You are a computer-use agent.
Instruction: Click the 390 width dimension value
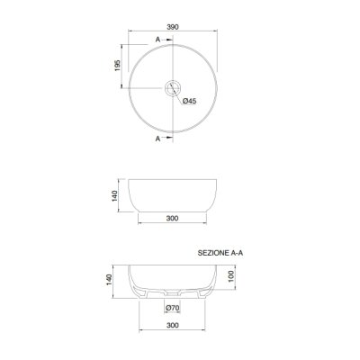pyautogui.click(x=173, y=27)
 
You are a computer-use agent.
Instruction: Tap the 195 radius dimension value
pyautogui.click(x=117, y=66)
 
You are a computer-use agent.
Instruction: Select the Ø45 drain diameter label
pyautogui.click(x=189, y=101)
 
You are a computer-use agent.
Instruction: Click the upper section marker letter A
pyautogui.click(x=157, y=40)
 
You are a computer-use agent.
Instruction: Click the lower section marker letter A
pyautogui.click(x=157, y=139)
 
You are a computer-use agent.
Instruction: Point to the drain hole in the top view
pyautogui.click(x=173, y=88)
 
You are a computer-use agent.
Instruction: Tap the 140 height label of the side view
pyautogui.click(x=115, y=195)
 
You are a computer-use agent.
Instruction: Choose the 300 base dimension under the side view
pyautogui.click(x=172, y=218)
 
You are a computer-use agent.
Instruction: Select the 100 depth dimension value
pyautogui.click(x=231, y=276)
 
